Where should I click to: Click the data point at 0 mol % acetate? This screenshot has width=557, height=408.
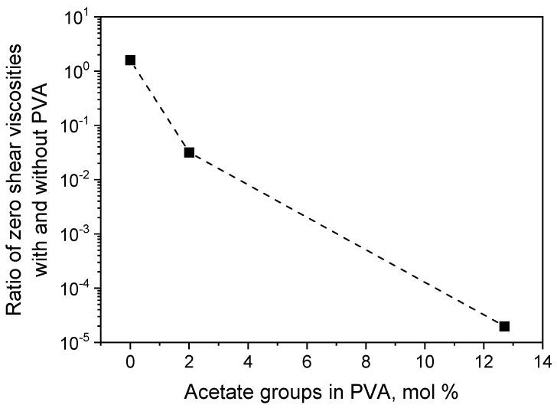[131, 60]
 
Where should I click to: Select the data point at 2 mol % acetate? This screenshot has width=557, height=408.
[189, 152]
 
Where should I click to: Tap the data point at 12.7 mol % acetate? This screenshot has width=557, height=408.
[504, 326]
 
